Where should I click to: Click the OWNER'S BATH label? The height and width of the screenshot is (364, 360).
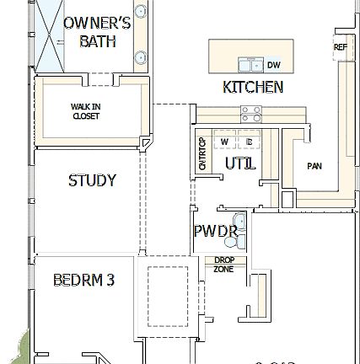[97, 32]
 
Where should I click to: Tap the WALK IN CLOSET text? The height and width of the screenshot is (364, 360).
[85, 111]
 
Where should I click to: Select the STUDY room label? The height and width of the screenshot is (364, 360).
[92, 180]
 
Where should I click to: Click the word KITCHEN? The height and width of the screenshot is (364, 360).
[252, 87]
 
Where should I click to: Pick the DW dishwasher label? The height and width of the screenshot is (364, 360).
[274, 65]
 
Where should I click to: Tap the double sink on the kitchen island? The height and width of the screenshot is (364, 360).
[250, 64]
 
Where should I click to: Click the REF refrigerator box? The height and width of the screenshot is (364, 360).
[341, 48]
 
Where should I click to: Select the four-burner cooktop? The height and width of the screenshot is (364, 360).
[251, 113]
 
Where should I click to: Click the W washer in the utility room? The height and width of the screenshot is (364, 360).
[224, 142]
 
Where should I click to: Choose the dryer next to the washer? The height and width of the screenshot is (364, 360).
[250, 142]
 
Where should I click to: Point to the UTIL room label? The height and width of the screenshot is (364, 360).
[240, 163]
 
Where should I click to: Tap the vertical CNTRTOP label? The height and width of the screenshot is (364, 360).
[201, 154]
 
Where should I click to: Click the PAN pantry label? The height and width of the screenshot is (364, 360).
[314, 166]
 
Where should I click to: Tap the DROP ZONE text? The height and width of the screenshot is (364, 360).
[223, 264]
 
